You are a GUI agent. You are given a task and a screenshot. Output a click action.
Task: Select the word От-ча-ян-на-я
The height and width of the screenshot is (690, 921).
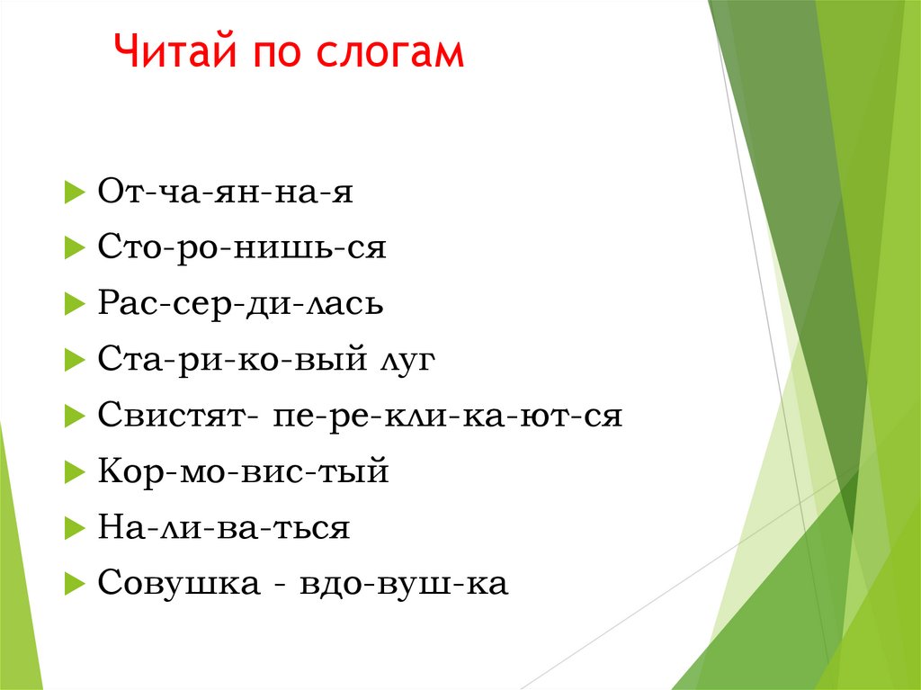225,192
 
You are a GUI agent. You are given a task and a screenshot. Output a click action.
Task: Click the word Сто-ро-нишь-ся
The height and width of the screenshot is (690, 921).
242,247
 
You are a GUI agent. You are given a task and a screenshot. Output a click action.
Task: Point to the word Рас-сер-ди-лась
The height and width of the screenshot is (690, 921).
241,304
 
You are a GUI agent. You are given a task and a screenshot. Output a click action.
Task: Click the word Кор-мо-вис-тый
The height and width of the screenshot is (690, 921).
243,472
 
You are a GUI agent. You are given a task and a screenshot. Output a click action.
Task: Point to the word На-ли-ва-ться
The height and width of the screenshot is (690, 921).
223,528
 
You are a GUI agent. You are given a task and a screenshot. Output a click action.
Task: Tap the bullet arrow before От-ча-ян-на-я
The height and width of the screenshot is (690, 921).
74,193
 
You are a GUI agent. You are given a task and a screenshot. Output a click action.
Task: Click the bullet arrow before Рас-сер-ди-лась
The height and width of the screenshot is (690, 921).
74,305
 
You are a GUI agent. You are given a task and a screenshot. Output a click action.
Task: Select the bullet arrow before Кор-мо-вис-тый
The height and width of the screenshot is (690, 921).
74,473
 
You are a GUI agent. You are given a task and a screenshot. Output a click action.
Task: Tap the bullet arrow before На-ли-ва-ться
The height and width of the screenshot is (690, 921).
74,529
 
